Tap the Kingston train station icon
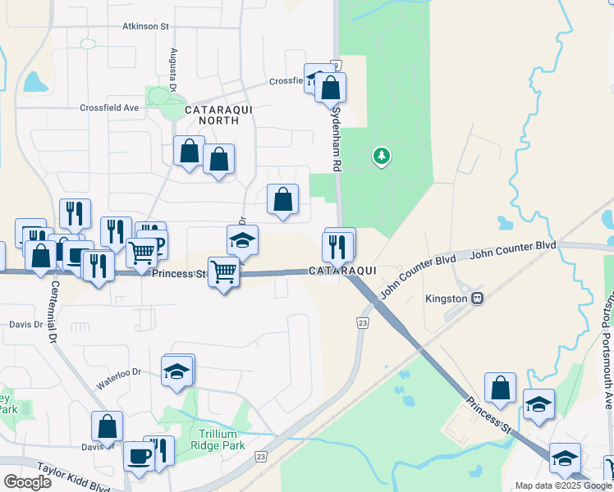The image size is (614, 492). click(x=475, y=298)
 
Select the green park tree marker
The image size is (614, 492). click(x=381, y=155)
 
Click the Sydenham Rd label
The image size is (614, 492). click(x=337, y=139)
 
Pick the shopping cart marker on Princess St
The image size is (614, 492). click(x=223, y=272)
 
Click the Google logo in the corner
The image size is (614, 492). click(x=26, y=481)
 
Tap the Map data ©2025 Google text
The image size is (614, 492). click(x=563, y=485)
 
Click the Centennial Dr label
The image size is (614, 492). click(x=54, y=312)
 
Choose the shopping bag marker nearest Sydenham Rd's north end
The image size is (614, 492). click(x=330, y=88)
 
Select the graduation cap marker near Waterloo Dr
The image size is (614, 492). click(x=177, y=370)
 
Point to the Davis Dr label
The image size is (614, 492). click(x=26, y=325)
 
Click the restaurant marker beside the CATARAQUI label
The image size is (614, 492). click(x=338, y=245)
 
